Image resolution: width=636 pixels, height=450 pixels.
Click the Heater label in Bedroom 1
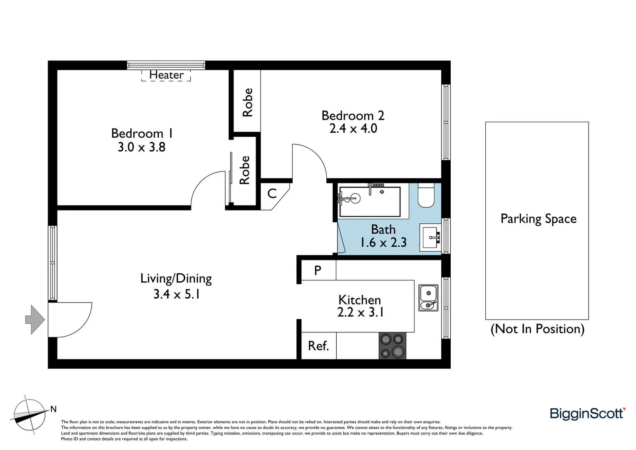point(166,75)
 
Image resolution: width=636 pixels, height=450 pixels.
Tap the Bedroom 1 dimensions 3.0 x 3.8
point(142,147)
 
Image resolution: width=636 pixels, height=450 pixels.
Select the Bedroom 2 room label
point(353,115)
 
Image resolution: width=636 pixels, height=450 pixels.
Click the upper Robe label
point(247,102)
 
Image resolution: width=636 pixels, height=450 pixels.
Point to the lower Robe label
point(244,170)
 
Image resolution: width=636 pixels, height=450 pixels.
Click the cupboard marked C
point(272,193)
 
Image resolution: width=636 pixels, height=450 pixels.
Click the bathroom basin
point(430,237)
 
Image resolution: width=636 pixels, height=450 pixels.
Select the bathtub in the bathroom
point(370,202)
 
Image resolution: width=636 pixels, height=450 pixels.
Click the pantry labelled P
point(318,270)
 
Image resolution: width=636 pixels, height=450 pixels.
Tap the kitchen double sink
point(428,298)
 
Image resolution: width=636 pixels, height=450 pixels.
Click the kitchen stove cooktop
point(392,346)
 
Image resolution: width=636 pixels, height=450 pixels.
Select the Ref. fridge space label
point(318,346)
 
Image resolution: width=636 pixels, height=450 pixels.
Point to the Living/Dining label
point(176,278)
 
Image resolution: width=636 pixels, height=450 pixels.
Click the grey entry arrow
point(35,320)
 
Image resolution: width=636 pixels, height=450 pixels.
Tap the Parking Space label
point(538,219)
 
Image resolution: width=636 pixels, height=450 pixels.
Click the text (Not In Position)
point(537,329)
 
